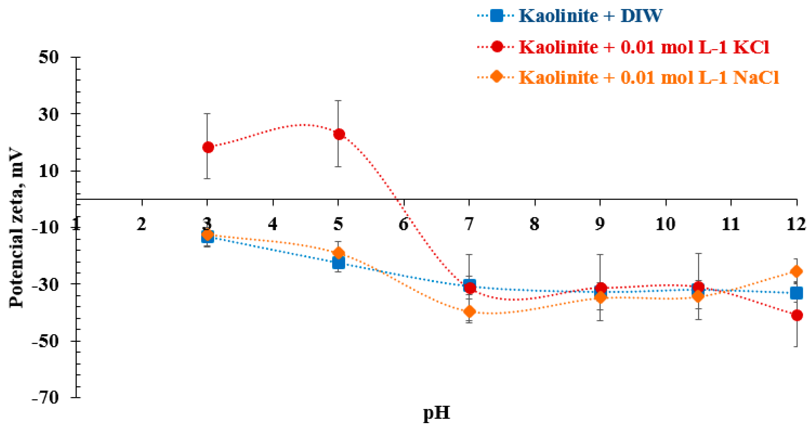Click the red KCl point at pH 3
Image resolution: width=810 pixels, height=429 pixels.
pos(208,147)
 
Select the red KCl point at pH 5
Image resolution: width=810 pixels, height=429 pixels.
pos(339,134)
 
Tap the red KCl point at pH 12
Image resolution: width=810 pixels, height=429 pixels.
pos(796,315)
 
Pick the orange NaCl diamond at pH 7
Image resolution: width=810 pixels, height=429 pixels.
pos(470,312)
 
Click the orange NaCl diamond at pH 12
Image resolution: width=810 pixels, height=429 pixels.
pos(796,271)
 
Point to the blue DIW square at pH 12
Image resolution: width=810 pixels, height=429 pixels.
pos(796,293)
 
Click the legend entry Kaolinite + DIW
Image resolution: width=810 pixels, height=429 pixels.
pos(590,16)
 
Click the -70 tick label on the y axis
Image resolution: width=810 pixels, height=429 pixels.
pos(46,398)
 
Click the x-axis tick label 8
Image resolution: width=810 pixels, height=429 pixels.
pos(535,224)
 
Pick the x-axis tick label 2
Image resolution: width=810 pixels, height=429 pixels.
pos(142,224)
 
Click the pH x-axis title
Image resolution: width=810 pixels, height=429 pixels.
pos(436,413)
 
